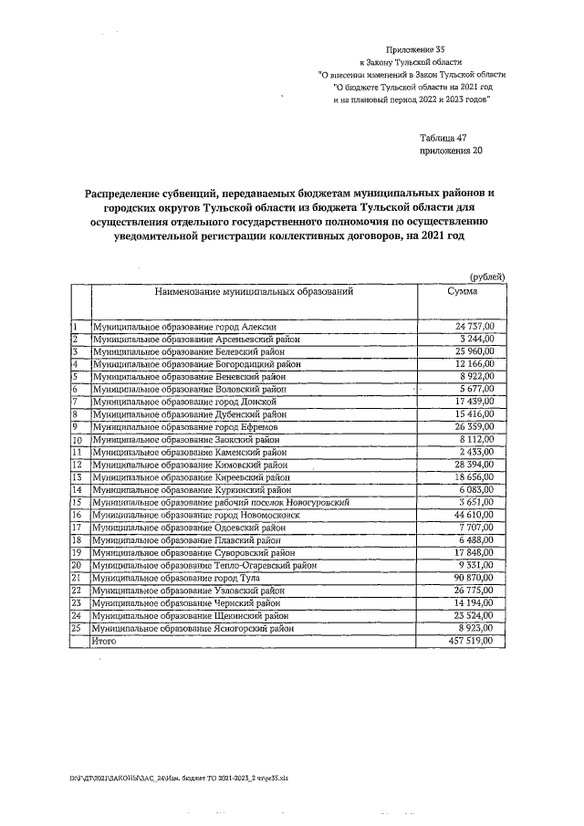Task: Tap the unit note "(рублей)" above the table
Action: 486,277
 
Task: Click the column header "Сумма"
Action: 462,291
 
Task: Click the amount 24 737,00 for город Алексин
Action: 474,326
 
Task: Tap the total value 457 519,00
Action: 472,642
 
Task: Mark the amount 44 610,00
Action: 474,516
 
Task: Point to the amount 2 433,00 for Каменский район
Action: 476,452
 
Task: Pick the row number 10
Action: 79,440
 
